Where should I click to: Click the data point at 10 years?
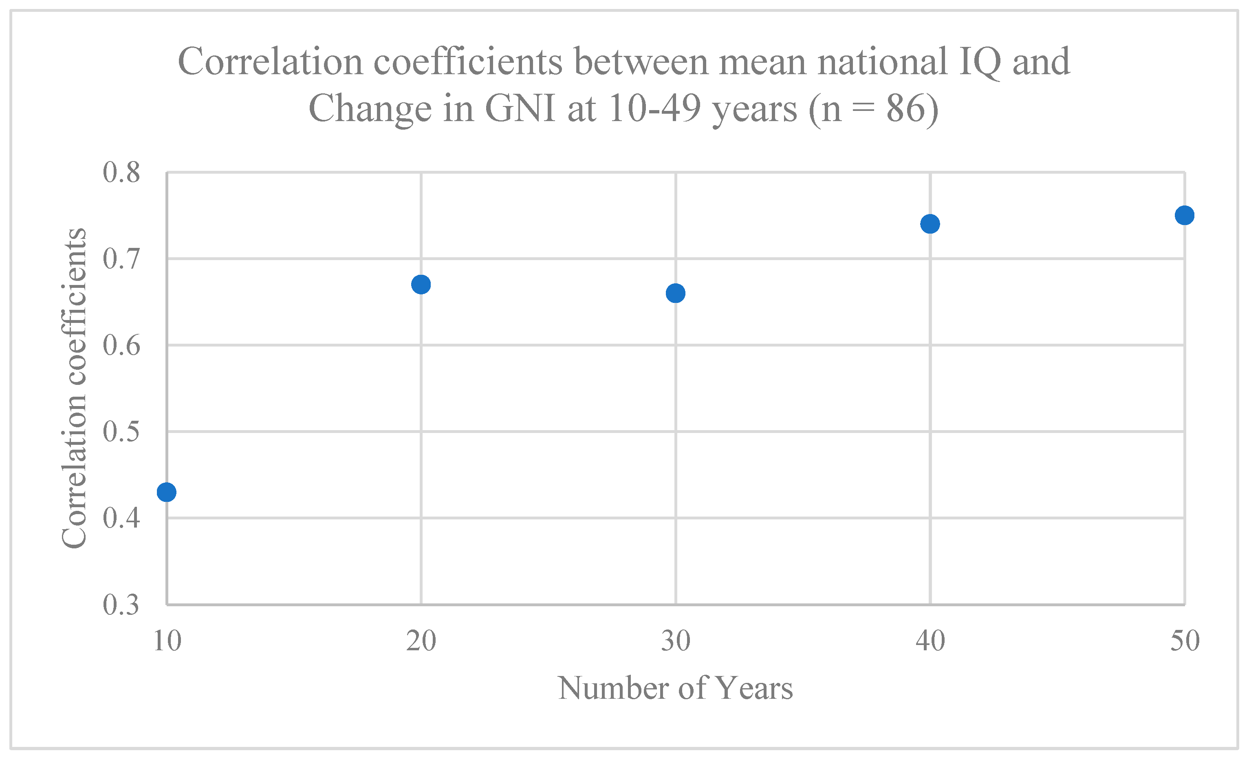tap(166, 492)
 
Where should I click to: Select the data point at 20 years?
tap(421, 285)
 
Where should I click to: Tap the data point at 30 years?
tap(675, 293)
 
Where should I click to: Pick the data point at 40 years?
tap(930, 223)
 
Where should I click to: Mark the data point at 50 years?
tap(1184, 215)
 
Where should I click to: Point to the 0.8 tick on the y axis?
tap(121, 172)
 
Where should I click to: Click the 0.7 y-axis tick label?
tap(121, 259)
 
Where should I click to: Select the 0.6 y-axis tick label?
tap(121, 346)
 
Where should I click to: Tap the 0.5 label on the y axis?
tap(121, 432)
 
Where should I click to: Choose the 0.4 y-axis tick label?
tap(121, 518)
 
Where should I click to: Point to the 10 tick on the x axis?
tap(167, 641)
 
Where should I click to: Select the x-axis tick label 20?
tap(421, 641)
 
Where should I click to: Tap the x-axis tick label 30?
tap(675, 641)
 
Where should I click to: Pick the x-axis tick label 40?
tap(930, 641)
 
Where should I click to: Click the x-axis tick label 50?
tap(1185, 641)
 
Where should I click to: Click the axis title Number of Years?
tap(675, 689)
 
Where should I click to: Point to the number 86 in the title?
tap(904, 108)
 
